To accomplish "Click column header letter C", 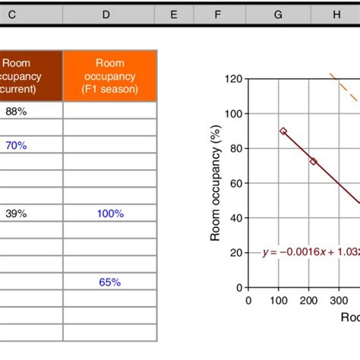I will pos(11,14).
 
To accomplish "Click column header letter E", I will pos(174,14).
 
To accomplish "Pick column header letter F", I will pos(218,14).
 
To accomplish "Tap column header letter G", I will pos(279,14).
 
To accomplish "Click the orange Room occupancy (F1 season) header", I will pos(110,76).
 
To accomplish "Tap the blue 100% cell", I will pos(110,213).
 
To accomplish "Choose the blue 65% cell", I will pos(110,282).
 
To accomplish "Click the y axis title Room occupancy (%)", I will pos(216,182).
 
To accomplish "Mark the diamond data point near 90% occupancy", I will pos(283,131).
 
